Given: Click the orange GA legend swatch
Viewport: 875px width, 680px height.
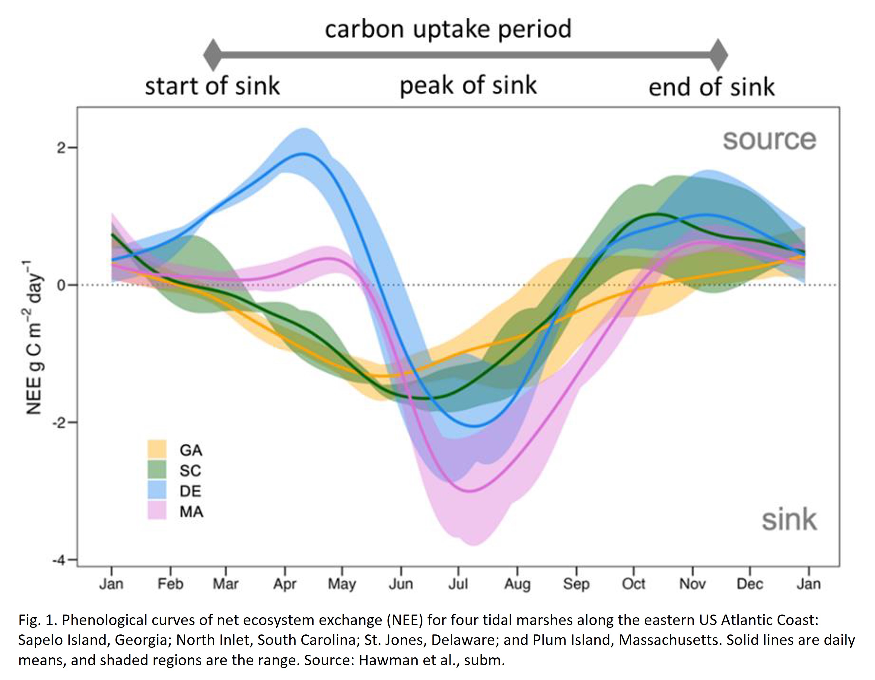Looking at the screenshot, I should click(157, 449).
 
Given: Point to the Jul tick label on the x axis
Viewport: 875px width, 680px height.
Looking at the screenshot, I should click(458, 584).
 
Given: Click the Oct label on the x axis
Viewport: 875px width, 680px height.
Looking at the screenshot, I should click(633, 584).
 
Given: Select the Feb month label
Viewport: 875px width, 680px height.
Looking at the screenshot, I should click(170, 584).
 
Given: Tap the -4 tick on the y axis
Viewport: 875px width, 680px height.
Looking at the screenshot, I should click(59, 560).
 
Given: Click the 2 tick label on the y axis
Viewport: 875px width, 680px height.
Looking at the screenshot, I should click(61, 148).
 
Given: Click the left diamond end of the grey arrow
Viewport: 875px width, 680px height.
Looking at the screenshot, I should click(213, 55).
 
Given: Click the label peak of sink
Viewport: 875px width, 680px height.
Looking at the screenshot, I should click(468, 86).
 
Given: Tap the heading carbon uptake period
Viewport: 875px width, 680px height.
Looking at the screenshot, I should click(448, 29).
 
